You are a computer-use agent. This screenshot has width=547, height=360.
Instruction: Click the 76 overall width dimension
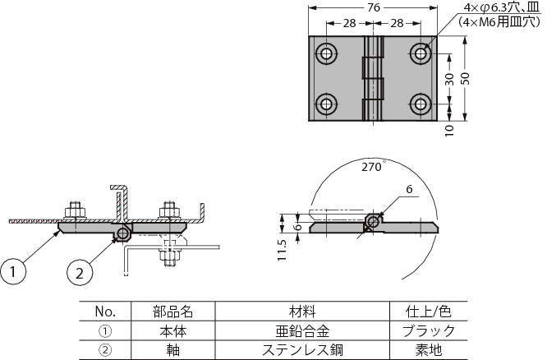pyautogui.click(x=374, y=7)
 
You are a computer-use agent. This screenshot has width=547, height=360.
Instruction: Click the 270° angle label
pyautogui.click(x=371, y=166)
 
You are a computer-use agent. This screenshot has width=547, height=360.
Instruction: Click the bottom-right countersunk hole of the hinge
pyautogui.click(x=421, y=104)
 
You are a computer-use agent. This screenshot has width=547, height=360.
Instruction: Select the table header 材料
pyautogui.click(x=301, y=312)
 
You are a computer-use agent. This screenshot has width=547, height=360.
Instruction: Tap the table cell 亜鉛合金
pyautogui.click(x=301, y=330)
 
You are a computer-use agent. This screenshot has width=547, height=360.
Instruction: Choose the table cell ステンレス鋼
pyautogui.click(x=301, y=349)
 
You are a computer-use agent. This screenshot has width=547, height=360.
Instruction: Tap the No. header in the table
pyautogui.click(x=106, y=312)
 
